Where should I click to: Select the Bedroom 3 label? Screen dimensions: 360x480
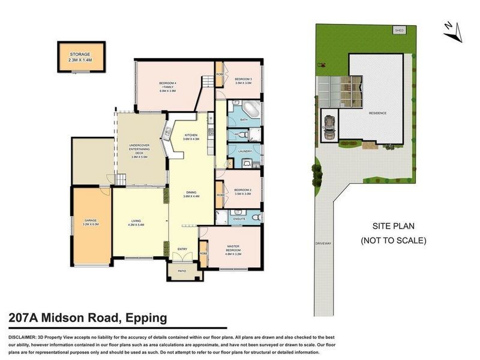(243, 81)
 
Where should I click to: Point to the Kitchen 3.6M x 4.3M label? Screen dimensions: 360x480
(191, 137)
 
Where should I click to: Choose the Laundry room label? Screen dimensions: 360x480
(244, 151)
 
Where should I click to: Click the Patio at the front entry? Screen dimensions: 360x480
(182, 271)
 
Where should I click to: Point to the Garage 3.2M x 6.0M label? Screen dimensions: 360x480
(91, 223)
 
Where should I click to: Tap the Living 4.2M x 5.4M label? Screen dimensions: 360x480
(137, 223)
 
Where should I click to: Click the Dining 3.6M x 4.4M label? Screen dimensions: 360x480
(191, 194)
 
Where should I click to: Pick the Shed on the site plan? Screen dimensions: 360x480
(397, 29)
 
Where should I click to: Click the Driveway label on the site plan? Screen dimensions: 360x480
(322, 243)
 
